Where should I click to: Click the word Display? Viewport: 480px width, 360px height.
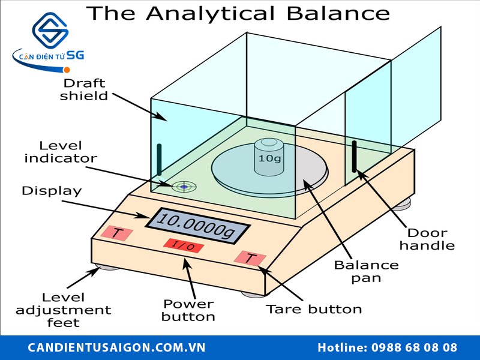click(x=52, y=191)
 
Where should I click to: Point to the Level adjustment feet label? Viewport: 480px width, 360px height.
click(x=63, y=310)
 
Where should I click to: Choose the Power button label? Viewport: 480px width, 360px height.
click(x=188, y=310)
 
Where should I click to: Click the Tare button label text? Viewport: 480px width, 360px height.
click(x=314, y=310)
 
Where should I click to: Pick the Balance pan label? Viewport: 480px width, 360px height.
click(x=366, y=271)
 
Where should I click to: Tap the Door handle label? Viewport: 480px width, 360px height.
click(x=427, y=239)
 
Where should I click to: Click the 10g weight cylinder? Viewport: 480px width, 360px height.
click(x=268, y=157)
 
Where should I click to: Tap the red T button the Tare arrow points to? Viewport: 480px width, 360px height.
click(x=250, y=259)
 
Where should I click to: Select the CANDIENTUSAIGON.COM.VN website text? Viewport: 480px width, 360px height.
click(x=117, y=347)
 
